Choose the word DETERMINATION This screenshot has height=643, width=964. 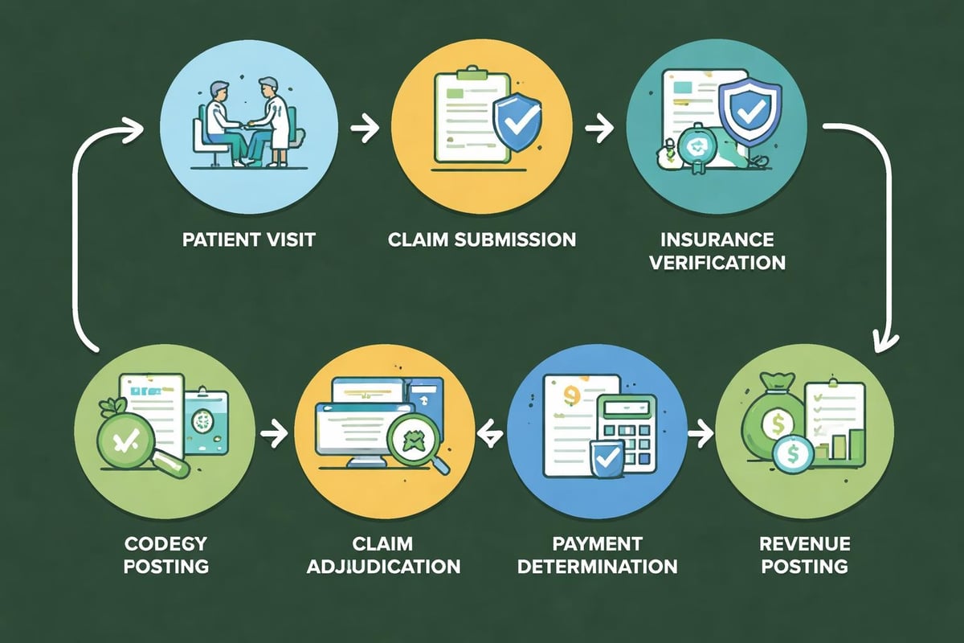pyautogui.click(x=597, y=565)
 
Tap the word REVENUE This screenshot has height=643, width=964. pyautogui.click(x=803, y=543)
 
